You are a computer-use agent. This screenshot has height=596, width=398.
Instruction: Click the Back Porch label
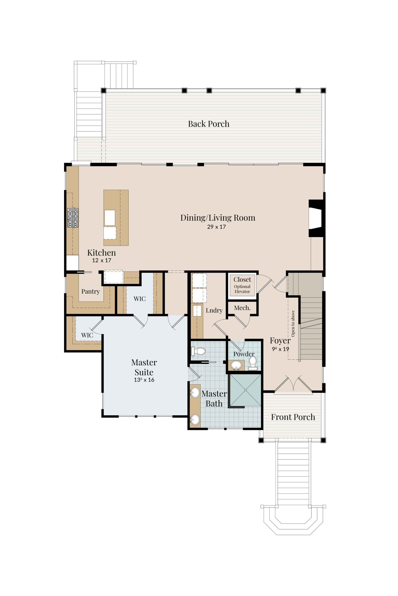click(209, 124)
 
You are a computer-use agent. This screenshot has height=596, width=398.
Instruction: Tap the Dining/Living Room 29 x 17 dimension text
click(216, 227)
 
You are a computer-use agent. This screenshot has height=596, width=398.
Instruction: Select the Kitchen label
click(101, 253)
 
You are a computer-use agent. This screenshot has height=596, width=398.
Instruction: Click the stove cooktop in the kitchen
click(73, 218)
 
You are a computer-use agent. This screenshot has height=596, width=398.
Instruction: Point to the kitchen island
click(116, 218)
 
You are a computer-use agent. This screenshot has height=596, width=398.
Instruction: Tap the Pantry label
click(91, 292)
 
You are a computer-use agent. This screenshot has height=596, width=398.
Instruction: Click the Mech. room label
click(242, 308)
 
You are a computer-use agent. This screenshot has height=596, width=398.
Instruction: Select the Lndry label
click(214, 310)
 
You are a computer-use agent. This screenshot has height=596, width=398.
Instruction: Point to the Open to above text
click(293, 324)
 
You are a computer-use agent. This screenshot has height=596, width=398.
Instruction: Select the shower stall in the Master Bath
click(245, 390)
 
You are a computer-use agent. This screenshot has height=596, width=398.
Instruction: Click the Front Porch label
click(293, 417)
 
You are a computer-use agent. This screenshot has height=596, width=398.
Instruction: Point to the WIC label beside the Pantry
click(140, 299)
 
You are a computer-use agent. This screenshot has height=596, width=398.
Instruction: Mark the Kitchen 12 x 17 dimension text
click(101, 260)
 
